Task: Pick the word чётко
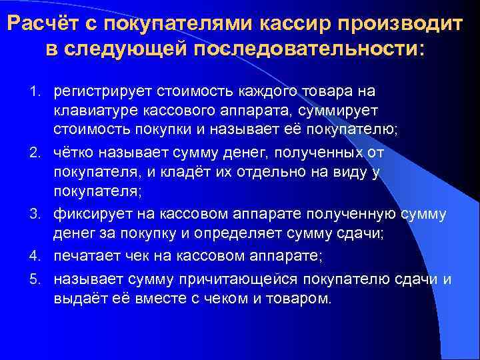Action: click(x=73, y=153)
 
